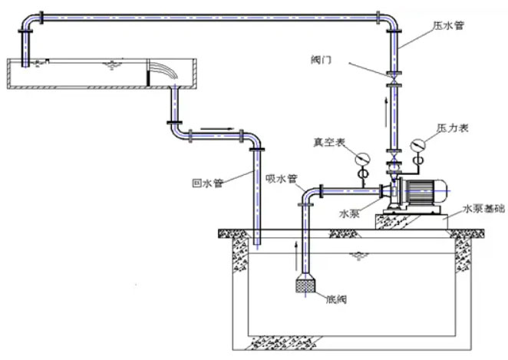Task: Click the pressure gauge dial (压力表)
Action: coord(419,144)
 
